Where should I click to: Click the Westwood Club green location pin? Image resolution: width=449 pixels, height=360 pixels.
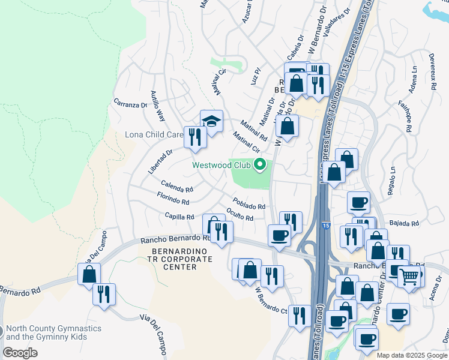point(260,164)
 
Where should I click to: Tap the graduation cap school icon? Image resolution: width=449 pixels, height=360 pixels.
point(211,122)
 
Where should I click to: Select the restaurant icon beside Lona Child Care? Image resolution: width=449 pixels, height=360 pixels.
point(194,137)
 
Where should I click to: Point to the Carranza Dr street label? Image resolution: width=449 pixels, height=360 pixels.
point(130,104)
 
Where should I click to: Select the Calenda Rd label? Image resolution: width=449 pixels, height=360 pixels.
point(176,185)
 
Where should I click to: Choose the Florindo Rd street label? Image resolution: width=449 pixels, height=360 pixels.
point(173,199)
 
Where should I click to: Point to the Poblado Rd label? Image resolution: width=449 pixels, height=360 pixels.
point(249,204)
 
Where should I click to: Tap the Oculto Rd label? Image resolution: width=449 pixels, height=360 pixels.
point(240,214)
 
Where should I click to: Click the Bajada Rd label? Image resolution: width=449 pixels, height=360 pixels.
point(403,223)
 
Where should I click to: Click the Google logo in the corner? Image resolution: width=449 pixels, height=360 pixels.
point(20,353)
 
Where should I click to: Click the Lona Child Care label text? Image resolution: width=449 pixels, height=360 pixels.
point(153,134)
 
